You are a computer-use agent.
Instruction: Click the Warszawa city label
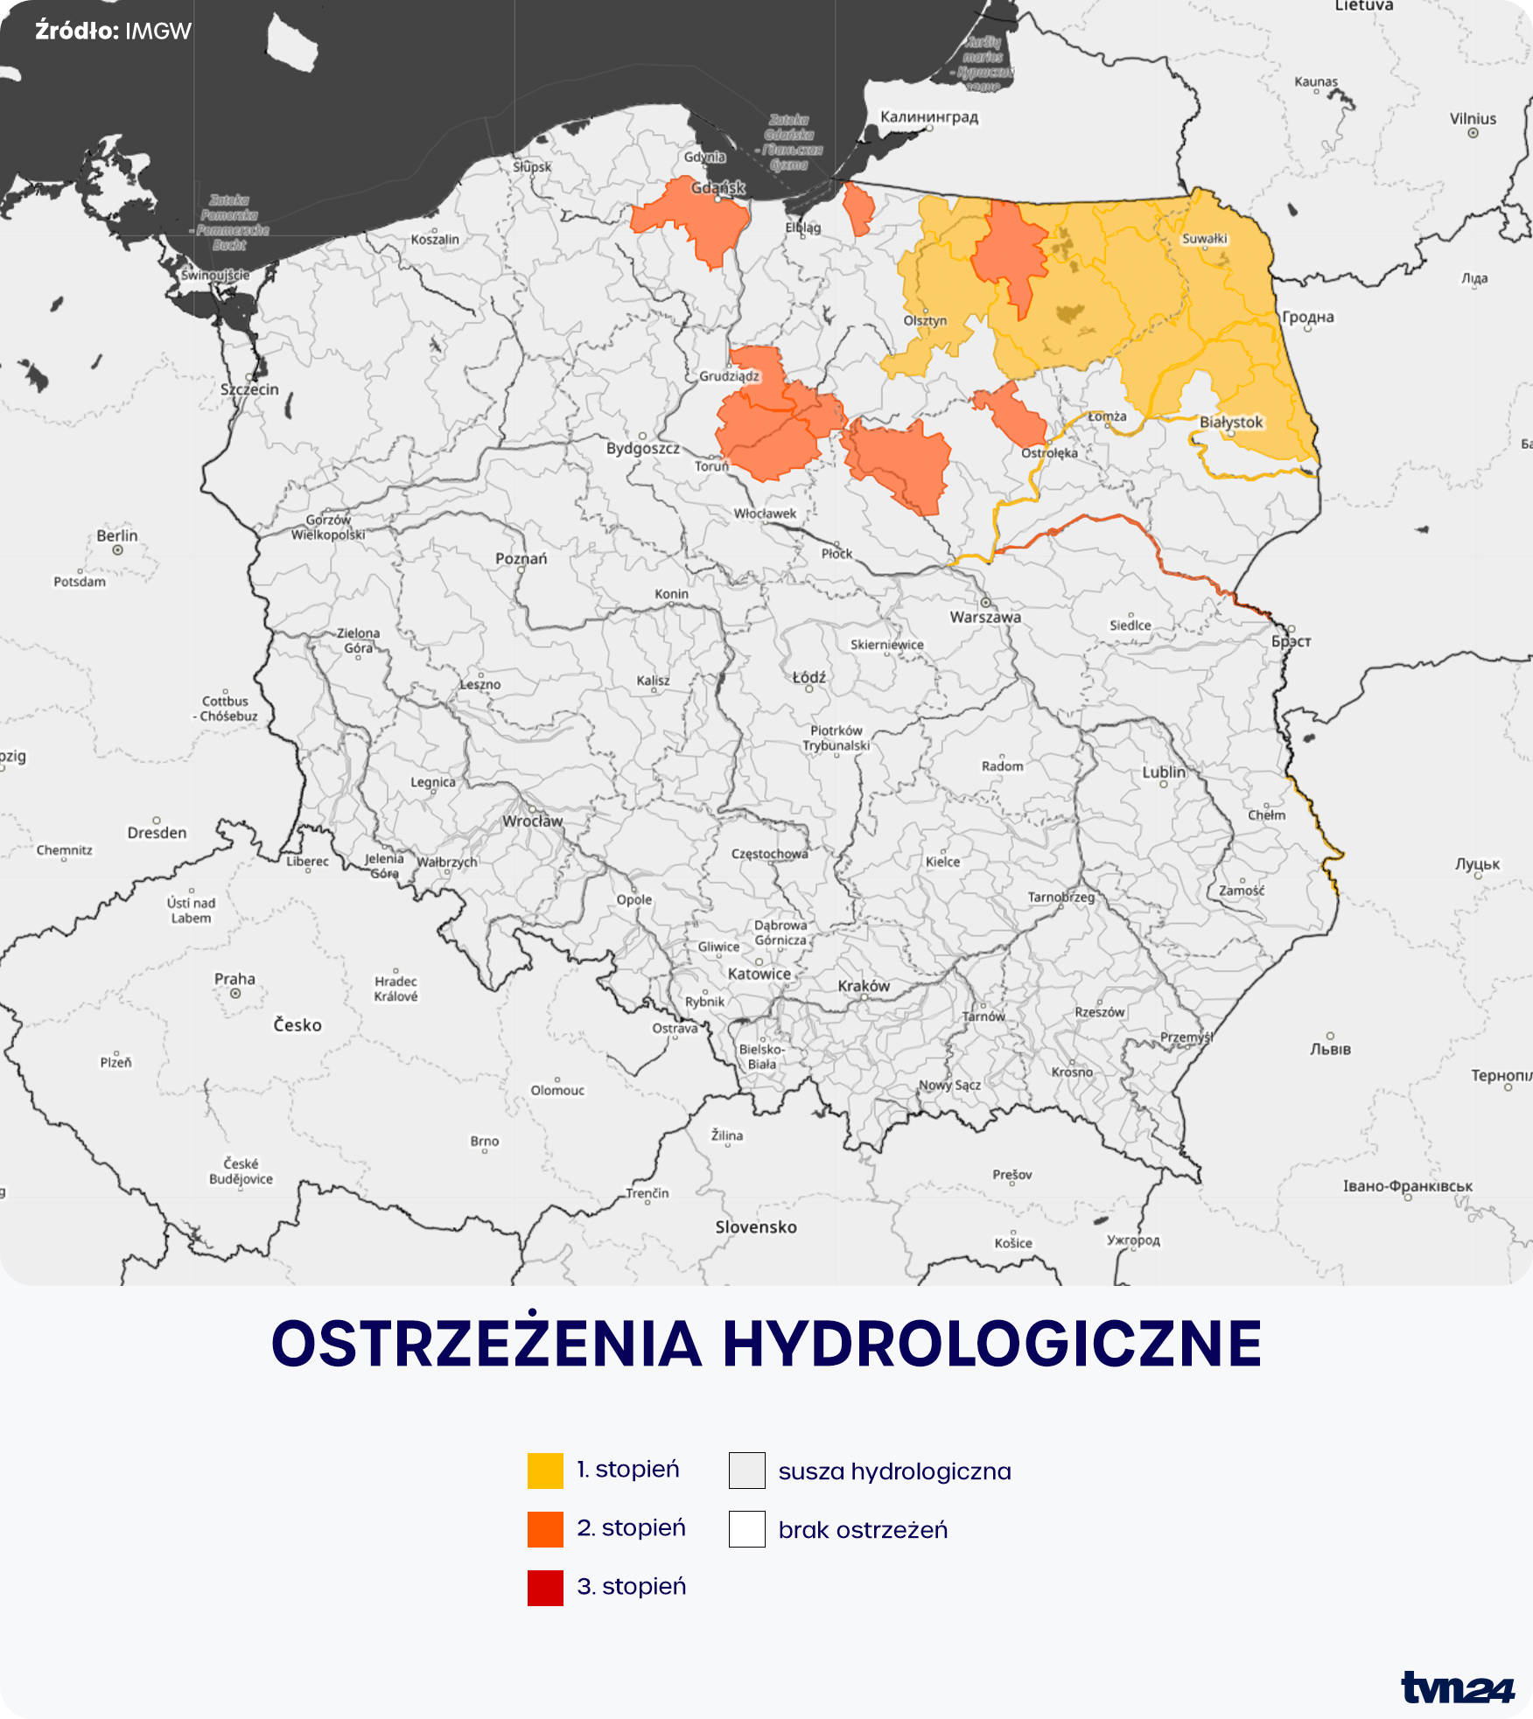tap(985, 617)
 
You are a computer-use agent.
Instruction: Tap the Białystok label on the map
tap(1231, 422)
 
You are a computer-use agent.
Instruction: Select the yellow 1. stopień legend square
tap(545, 1471)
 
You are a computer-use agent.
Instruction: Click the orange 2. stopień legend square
tap(545, 1529)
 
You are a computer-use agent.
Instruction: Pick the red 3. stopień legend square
tap(545, 1588)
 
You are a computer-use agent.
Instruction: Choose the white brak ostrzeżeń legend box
tap(746, 1529)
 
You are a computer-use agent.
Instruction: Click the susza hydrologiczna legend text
tap(894, 1471)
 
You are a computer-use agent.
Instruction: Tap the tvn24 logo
tap(1456, 1687)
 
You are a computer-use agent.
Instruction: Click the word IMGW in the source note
tap(158, 31)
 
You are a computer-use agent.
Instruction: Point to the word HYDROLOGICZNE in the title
tap(992, 1345)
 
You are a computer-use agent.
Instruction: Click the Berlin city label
tap(117, 535)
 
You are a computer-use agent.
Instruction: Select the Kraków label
tap(864, 986)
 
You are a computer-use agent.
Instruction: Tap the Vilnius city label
tap(1473, 119)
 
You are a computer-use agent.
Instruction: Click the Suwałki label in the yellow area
tap(1205, 239)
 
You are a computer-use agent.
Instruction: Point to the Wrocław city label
tap(532, 821)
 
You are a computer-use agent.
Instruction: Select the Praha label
tap(234, 979)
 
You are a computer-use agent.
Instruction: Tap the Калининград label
tap(929, 116)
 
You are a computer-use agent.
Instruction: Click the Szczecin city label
tap(249, 389)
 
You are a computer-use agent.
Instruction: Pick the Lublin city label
tap(1164, 772)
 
